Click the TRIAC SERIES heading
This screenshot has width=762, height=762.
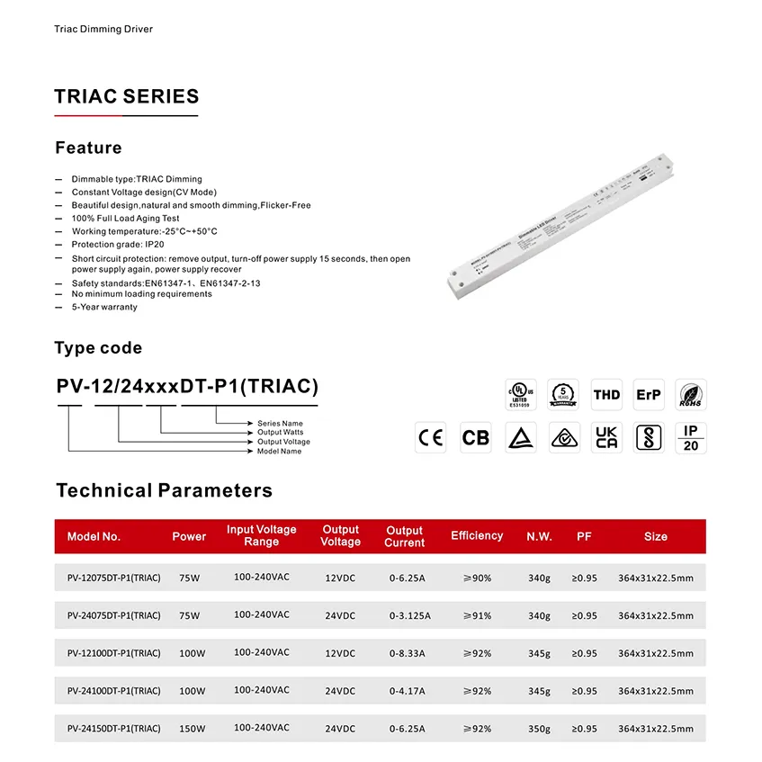[127, 97]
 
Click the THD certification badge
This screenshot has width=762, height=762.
[606, 394]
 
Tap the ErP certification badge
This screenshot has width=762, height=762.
[648, 394]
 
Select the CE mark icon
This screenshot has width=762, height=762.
[431, 437]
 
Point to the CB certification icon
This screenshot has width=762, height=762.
[475, 437]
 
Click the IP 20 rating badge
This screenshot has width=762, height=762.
[690, 437]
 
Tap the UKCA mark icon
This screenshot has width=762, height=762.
[606, 437]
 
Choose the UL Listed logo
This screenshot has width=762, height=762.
[520, 394]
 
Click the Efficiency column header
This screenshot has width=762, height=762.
[477, 536]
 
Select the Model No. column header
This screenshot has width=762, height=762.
[94, 537]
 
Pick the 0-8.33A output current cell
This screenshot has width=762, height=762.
[408, 653]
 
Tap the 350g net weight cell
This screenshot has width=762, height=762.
[539, 729]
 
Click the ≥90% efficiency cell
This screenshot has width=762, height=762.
[477, 578]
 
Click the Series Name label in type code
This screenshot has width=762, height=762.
[280, 423]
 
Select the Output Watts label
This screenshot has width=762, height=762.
[281, 433]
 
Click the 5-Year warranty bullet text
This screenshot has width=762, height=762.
[104, 307]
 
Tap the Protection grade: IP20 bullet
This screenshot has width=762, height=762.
[118, 244]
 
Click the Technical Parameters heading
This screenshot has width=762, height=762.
[164, 490]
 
